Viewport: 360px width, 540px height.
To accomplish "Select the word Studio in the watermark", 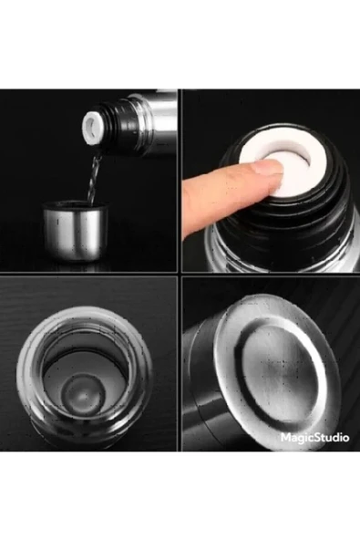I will coord(330,437).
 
